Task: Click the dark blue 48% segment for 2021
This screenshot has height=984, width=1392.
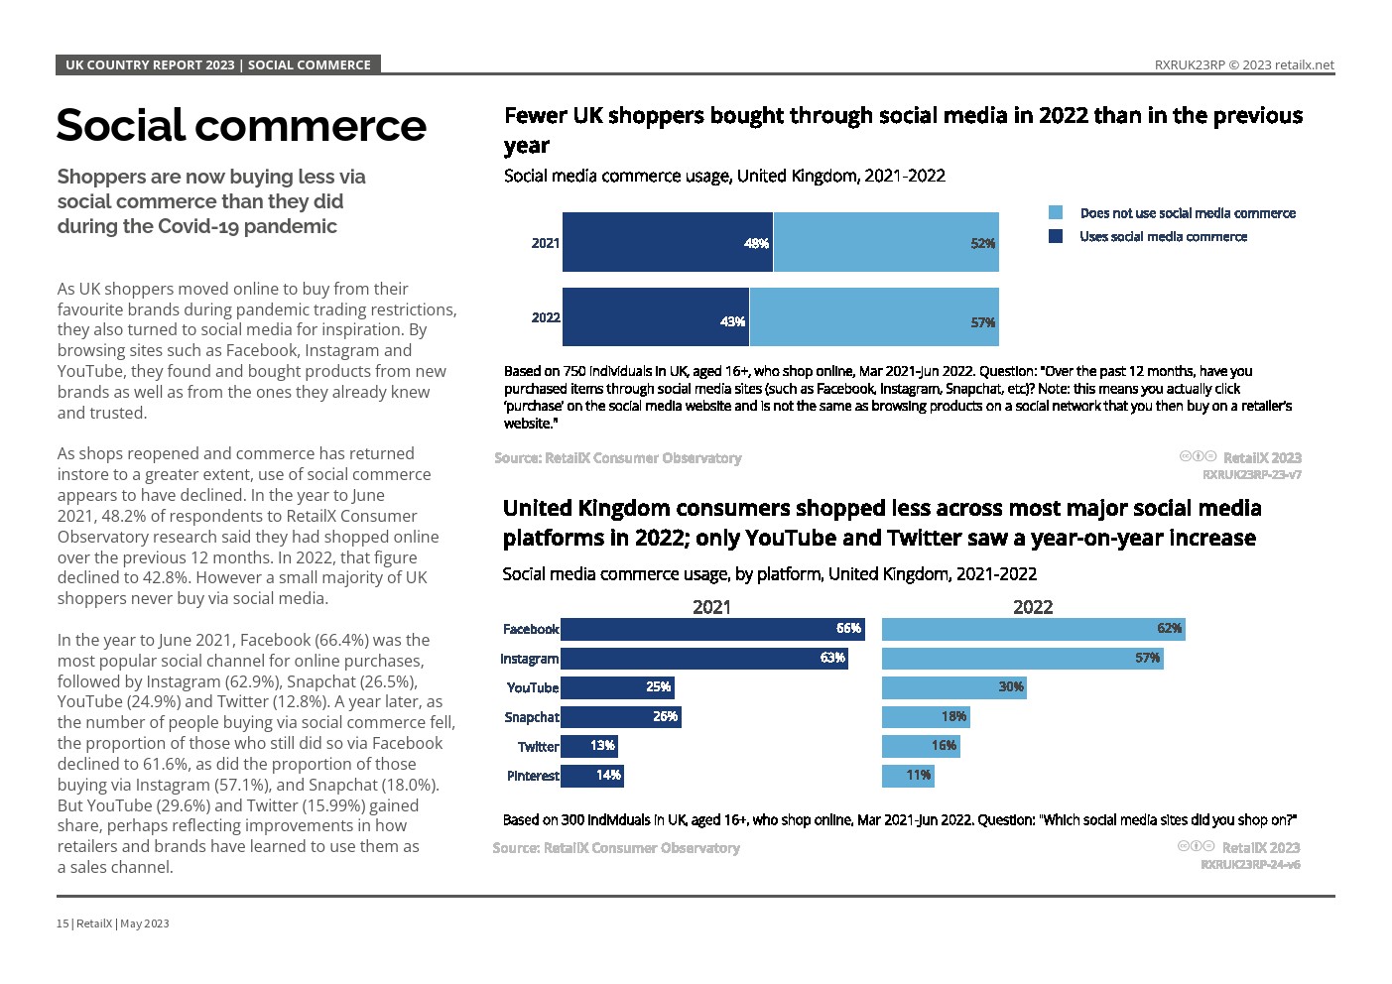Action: (x=667, y=241)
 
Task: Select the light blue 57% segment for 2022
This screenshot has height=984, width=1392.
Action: (x=873, y=317)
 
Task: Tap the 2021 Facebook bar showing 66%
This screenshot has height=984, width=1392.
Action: (x=711, y=629)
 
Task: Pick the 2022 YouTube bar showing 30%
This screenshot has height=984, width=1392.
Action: (x=952, y=687)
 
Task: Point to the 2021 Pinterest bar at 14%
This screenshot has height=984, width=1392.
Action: (x=591, y=776)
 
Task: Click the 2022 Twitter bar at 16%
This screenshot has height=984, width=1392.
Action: (x=920, y=746)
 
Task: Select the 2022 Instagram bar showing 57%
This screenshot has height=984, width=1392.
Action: (x=1021, y=659)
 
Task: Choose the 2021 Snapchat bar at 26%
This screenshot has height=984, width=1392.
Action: (x=620, y=717)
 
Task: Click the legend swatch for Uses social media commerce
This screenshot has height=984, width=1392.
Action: (x=1056, y=237)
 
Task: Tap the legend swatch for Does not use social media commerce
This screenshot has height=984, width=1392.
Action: (x=1056, y=213)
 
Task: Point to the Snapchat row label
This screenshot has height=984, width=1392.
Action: (x=532, y=717)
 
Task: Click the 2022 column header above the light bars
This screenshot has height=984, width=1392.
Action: (x=1032, y=607)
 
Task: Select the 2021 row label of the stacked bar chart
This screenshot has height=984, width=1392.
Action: (x=546, y=243)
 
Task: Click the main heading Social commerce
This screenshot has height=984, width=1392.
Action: (x=241, y=126)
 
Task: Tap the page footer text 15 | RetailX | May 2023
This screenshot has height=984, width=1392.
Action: (x=113, y=923)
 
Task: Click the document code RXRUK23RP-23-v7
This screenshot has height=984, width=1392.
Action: (x=1251, y=475)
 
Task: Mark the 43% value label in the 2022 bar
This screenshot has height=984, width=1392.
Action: (x=732, y=321)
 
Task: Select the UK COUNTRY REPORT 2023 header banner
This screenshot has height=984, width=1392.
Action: (x=218, y=65)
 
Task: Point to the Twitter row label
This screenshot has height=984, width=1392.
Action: (x=539, y=747)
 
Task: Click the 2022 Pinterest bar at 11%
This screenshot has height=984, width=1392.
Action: (x=907, y=776)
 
